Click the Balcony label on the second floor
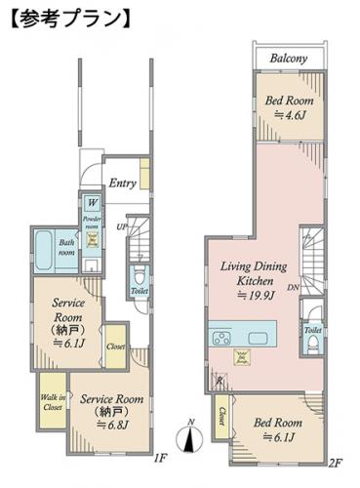coord(288,59)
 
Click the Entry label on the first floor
coord(122,183)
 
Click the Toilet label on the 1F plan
coord(140,291)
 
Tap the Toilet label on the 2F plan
coord(312,331)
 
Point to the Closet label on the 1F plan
coord(115,346)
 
